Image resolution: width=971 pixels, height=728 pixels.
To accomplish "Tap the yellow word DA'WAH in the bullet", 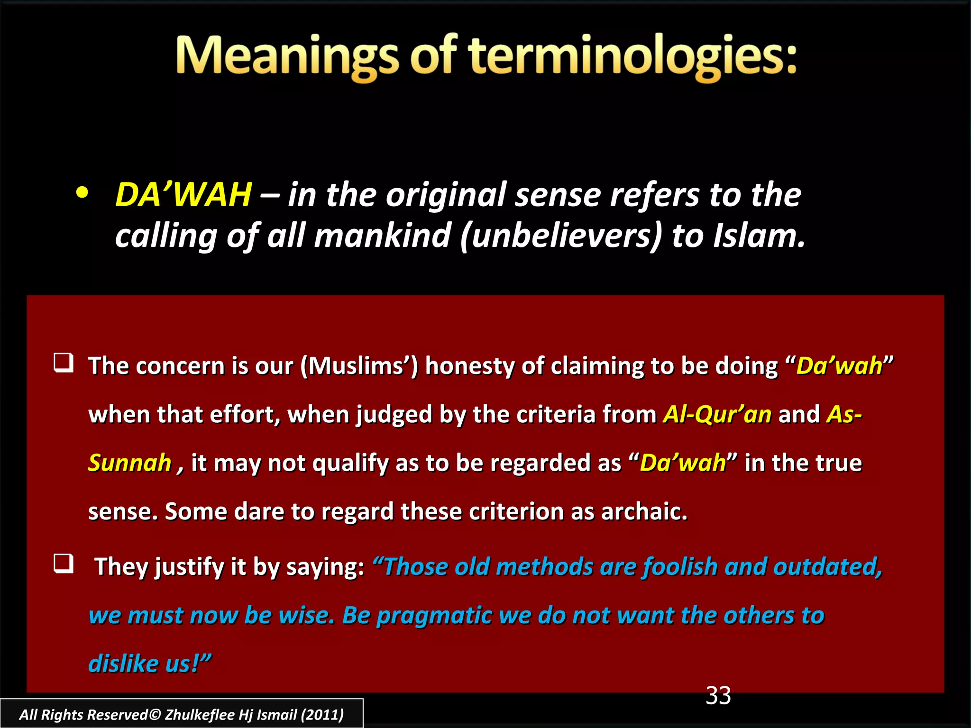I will [x=183, y=195].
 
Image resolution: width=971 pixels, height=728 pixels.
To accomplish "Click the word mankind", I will [x=382, y=236].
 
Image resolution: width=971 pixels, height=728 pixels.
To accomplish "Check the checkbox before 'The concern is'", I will [x=64, y=363].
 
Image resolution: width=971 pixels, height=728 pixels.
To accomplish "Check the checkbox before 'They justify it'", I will [x=64, y=564].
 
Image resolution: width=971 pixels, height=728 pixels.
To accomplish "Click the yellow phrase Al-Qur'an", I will [x=717, y=414].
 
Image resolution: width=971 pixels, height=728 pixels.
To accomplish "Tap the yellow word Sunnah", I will [x=129, y=463].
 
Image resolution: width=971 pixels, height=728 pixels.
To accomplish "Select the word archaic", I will [x=644, y=512].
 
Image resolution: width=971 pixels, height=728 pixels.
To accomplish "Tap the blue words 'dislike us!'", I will [x=149, y=664].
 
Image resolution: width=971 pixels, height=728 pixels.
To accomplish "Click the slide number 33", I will [x=718, y=696].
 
